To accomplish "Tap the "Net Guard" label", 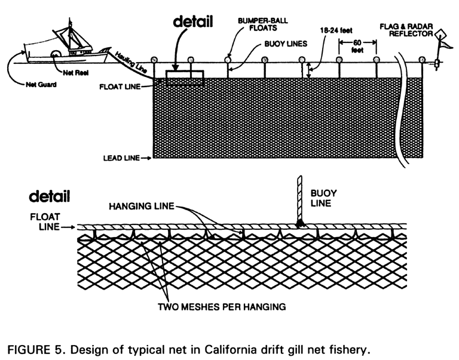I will [39, 85].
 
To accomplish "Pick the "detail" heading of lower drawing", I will [50, 196].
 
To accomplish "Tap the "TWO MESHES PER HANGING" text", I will [227, 307].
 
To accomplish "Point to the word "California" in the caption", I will [246, 348].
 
